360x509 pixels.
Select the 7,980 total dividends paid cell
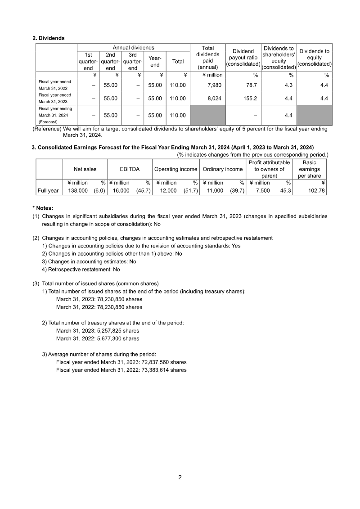coord(214,85)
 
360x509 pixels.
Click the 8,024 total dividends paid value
coord(214,98)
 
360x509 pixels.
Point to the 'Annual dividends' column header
coord(133,48)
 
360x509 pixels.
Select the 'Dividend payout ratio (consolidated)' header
coord(243,58)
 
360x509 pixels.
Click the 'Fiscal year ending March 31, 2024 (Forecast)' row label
coord(55,115)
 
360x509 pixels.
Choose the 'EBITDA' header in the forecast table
coord(130,169)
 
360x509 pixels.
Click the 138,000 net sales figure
coord(77,191)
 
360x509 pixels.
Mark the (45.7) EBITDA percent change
coord(143,191)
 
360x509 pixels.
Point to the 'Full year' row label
coord(48,191)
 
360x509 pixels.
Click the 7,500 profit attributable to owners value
coord(263,191)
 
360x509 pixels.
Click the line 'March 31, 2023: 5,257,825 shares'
coord(97,330)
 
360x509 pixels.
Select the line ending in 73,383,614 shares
coord(121,370)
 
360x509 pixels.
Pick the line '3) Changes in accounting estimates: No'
coord(89,261)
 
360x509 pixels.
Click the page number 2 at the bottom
coord(180,478)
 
